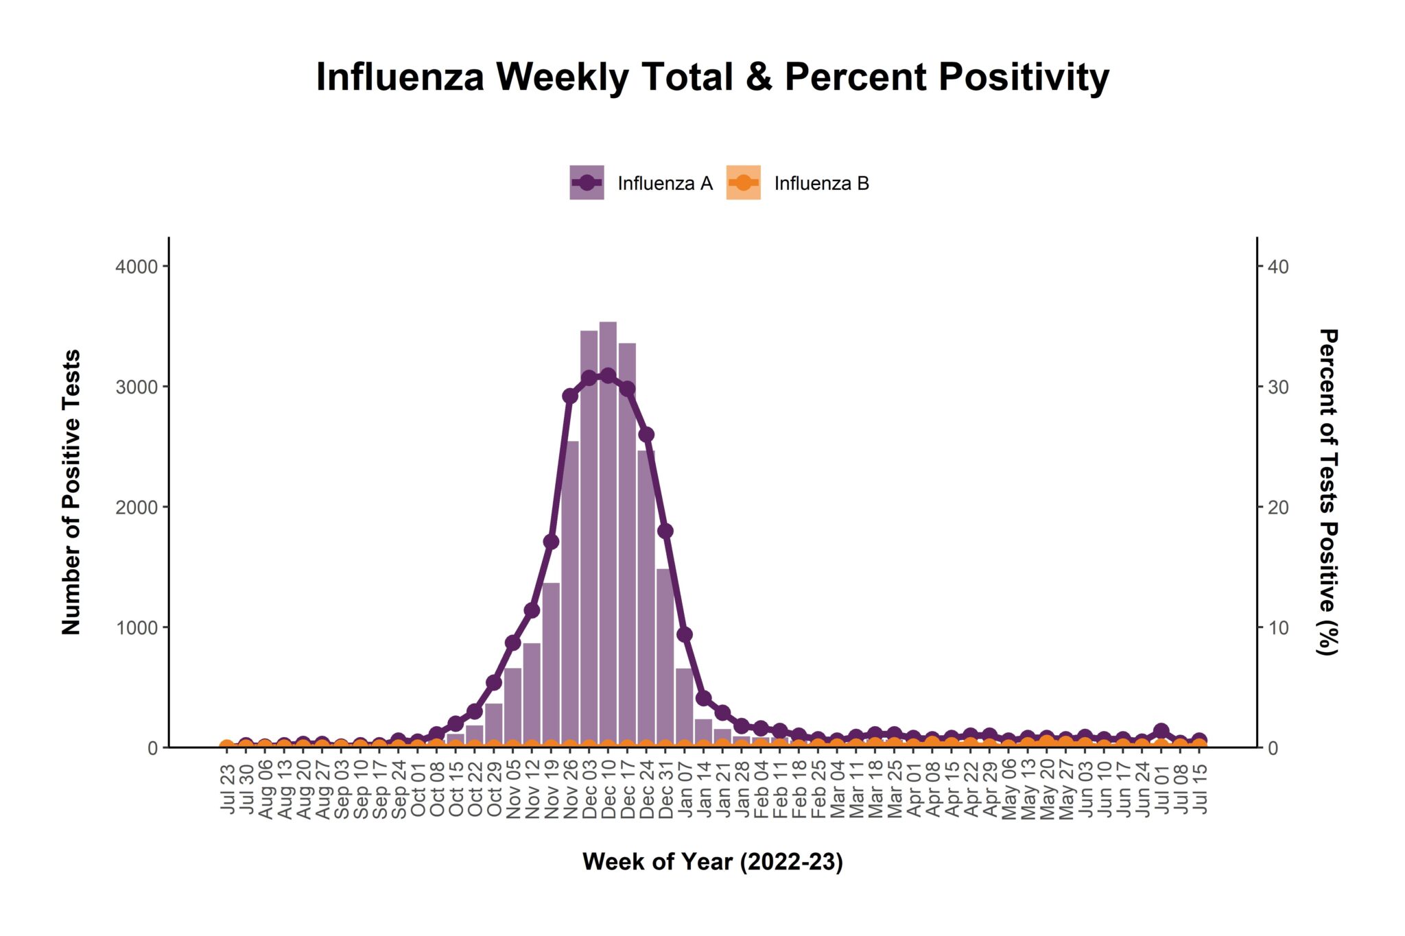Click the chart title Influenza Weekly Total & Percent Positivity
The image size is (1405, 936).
[x=712, y=77]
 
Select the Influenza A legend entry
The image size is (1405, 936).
[x=641, y=183]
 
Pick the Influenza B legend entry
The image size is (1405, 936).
[x=798, y=183]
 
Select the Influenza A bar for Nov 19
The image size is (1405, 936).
[x=551, y=665]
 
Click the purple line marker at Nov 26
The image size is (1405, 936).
[x=570, y=396]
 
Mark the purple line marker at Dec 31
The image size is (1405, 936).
[x=665, y=531]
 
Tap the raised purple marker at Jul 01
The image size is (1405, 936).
[x=1161, y=731]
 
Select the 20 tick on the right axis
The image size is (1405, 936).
[x=1278, y=507]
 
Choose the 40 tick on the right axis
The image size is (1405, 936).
[x=1278, y=267]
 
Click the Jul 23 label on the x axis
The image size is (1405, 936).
[x=228, y=789]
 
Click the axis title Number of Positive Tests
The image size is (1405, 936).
[x=71, y=492]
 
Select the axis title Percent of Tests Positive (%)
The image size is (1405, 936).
[x=1328, y=492]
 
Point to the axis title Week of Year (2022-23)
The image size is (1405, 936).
[x=712, y=861]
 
